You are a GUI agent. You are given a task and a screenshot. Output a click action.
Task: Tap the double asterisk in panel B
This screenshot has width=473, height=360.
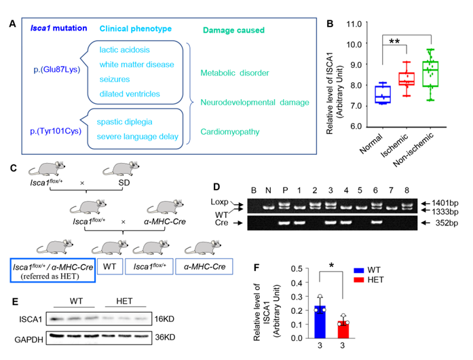click(395, 42)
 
